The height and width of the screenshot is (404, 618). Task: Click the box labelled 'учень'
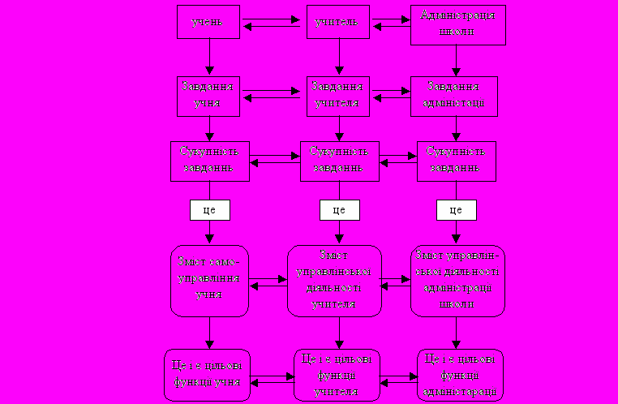coord(210,22)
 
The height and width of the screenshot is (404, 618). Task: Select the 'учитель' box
coord(337,22)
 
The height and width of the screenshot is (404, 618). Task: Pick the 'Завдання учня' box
coord(210,96)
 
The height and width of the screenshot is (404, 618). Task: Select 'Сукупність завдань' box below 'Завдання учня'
coord(210,160)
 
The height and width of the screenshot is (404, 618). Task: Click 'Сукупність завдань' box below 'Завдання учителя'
coord(340,160)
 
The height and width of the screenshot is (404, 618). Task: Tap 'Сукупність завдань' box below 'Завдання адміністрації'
coord(456,160)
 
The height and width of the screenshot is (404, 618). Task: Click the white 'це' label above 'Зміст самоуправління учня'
coord(210,209)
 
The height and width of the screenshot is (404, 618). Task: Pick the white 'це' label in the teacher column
coord(340,209)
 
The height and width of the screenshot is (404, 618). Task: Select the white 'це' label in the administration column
coord(456,209)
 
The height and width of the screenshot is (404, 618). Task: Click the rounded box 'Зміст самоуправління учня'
coord(210,281)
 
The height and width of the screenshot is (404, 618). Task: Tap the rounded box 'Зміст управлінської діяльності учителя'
coord(334,281)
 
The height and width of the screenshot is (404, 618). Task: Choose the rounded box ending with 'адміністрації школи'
coord(457,280)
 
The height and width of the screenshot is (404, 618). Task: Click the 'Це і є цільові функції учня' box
coord(208,375)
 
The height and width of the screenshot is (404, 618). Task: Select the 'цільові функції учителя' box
coord(336,375)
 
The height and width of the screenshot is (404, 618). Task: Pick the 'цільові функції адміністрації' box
coord(460,375)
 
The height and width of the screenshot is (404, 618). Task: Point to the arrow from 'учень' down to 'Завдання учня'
coord(210,57)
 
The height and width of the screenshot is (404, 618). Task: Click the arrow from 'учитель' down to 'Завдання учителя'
coord(339,57)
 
